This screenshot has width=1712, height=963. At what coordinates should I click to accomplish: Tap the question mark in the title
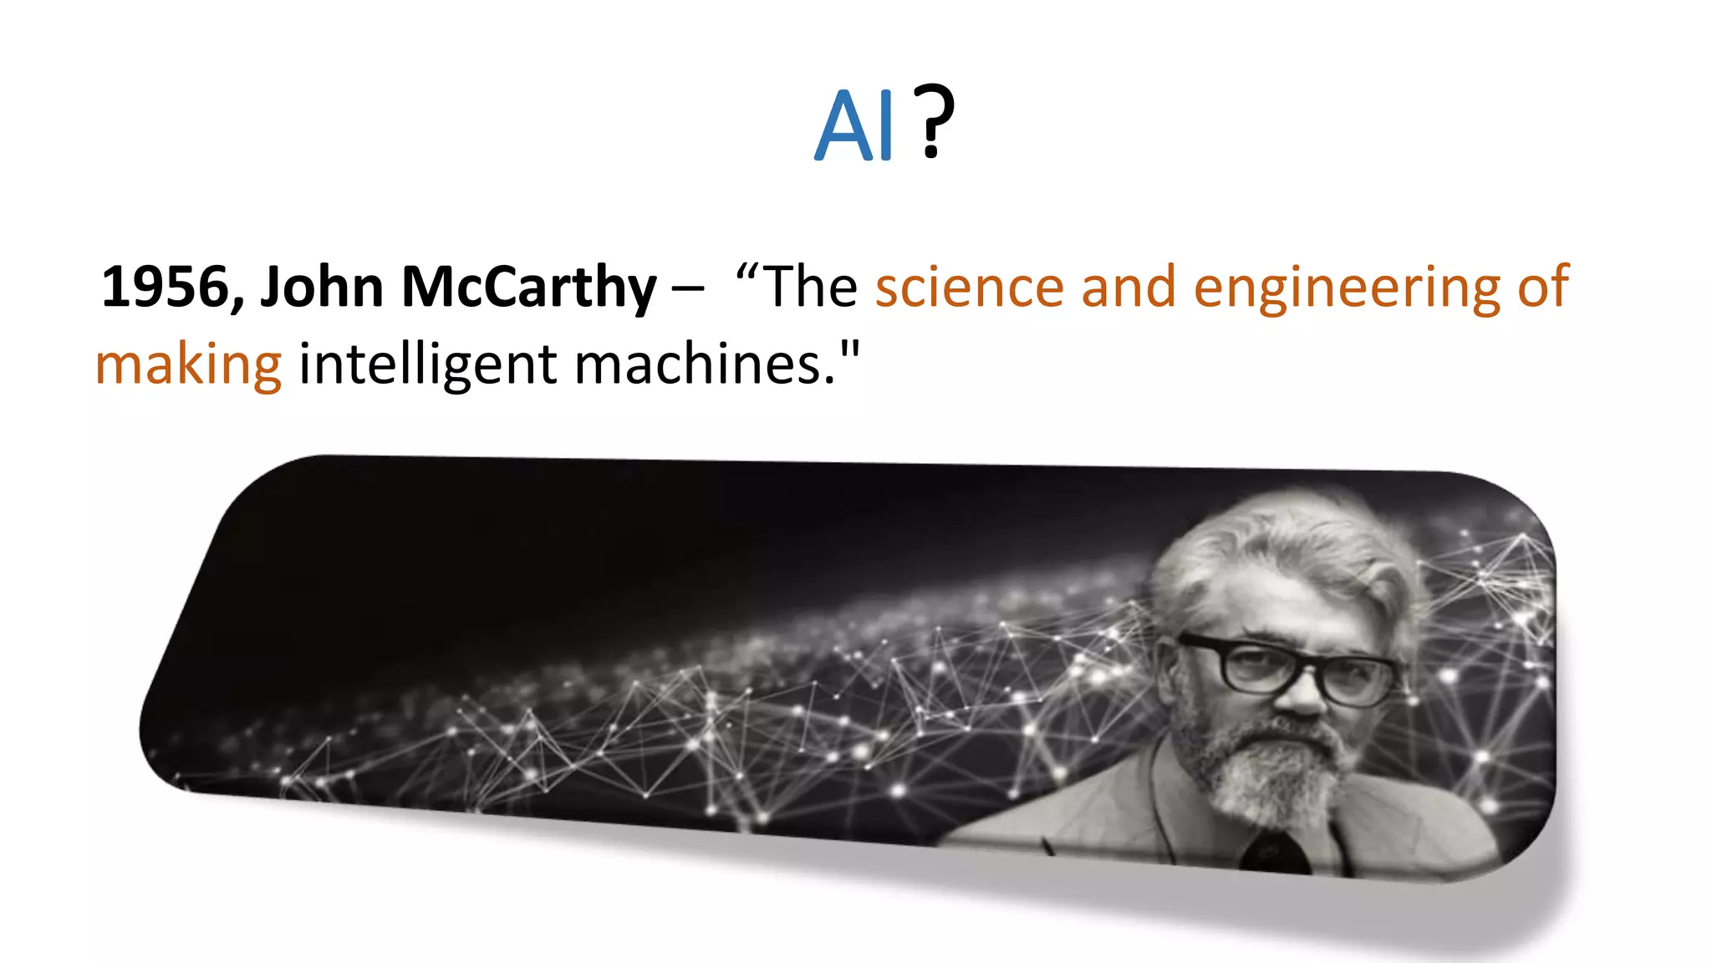click(x=933, y=122)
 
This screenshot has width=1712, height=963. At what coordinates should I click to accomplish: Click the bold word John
click(x=322, y=287)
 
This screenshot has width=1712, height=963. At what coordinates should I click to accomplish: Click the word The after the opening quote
click(x=810, y=287)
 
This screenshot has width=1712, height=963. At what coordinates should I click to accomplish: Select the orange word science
click(x=969, y=287)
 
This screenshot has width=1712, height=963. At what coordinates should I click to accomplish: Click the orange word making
click(x=189, y=365)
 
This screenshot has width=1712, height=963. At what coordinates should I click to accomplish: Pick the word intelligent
click(x=427, y=365)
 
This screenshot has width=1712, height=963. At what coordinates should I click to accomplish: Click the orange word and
click(x=1128, y=287)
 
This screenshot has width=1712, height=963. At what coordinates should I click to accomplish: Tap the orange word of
click(x=1542, y=287)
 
